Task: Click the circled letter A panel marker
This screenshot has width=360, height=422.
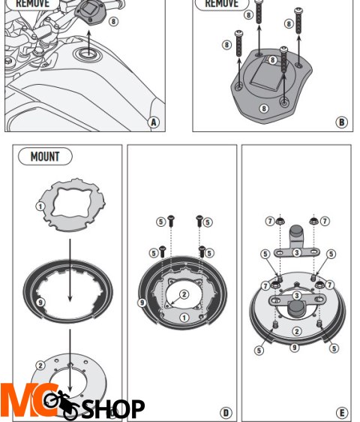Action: click(154, 122)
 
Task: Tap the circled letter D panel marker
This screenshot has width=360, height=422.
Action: click(225, 412)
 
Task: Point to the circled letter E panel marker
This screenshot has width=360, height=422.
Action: click(341, 412)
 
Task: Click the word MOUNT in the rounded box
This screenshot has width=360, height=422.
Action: click(45, 157)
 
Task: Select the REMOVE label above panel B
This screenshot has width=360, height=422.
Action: click(221, 4)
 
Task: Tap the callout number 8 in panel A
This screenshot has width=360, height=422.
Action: click(112, 21)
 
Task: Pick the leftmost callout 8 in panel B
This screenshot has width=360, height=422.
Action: click(226, 45)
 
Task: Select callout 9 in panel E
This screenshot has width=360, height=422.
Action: click(295, 348)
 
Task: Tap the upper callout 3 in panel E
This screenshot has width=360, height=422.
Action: click(296, 253)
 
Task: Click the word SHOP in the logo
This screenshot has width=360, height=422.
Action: click(112, 408)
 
